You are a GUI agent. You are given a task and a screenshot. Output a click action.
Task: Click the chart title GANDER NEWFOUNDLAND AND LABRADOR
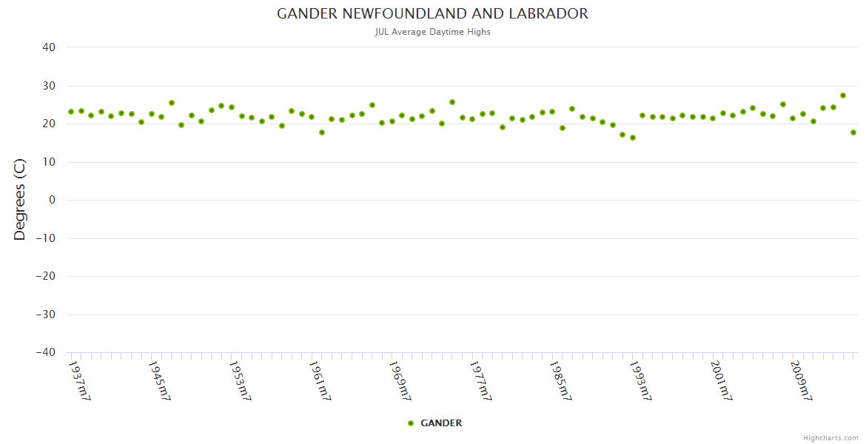click(x=432, y=14)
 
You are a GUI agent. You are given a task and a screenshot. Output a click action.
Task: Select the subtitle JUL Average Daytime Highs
click(x=432, y=32)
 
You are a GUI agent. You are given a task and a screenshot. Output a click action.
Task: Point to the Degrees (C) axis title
click(x=20, y=199)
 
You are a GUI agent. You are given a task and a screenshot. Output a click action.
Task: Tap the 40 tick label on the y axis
click(x=49, y=47)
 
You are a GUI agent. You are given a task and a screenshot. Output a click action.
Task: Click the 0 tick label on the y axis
click(x=52, y=200)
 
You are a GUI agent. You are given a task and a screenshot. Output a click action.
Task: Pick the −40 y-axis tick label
click(x=45, y=352)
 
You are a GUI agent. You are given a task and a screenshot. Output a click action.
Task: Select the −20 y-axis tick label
click(x=45, y=276)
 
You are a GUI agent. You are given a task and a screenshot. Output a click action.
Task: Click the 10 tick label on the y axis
click(x=49, y=162)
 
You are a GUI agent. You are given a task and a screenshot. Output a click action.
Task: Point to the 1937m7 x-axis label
click(x=79, y=380)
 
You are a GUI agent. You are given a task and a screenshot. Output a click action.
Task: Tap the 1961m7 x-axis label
click(x=320, y=380)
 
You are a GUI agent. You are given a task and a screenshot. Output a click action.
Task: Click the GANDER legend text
click(x=441, y=423)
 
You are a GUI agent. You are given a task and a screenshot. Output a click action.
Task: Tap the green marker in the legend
click(x=411, y=423)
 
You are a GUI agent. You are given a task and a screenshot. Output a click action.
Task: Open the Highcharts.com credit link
click(x=830, y=437)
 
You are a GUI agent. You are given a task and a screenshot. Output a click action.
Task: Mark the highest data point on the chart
click(x=843, y=95)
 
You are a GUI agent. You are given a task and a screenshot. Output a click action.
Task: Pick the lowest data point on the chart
click(x=633, y=138)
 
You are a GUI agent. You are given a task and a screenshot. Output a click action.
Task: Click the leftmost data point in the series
click(x=71, y=112)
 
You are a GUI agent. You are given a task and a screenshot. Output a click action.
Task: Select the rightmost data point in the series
click(x=853, y=132)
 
